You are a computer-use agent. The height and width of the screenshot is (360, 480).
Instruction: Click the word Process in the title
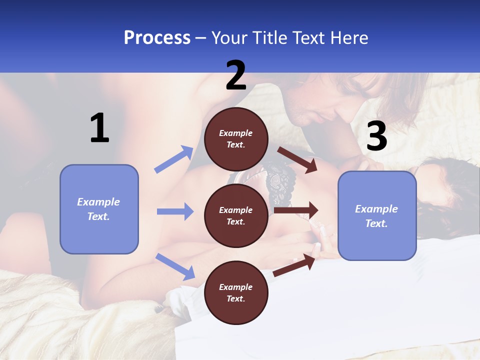click(157, 38)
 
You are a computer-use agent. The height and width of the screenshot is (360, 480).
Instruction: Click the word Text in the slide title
click(307, 38)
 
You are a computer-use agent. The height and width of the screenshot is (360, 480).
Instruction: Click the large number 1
click(99, 128)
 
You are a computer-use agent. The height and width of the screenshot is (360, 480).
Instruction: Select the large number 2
click(236, 75)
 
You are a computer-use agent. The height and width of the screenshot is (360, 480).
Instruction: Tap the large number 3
click(376, 136)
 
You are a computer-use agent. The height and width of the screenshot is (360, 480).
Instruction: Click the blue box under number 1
click(99, 209)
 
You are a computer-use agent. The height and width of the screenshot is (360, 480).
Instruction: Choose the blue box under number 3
click(377, 216)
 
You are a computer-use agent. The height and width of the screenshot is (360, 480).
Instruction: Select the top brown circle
click(236, 139)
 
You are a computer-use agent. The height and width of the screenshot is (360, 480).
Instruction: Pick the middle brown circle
click(236, 215)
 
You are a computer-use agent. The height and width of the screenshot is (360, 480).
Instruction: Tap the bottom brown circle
click(236, 292)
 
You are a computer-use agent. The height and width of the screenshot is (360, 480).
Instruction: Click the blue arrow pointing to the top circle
click(174, 159)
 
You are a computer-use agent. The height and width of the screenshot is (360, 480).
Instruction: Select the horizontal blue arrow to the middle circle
click(175, 211)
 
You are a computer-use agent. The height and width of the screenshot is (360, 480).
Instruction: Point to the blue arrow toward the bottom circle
click(175, 266)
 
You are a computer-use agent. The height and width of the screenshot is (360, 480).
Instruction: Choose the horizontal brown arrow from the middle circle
click(296, 210)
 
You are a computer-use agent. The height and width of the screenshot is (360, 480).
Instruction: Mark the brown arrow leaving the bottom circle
click(294, 265)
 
